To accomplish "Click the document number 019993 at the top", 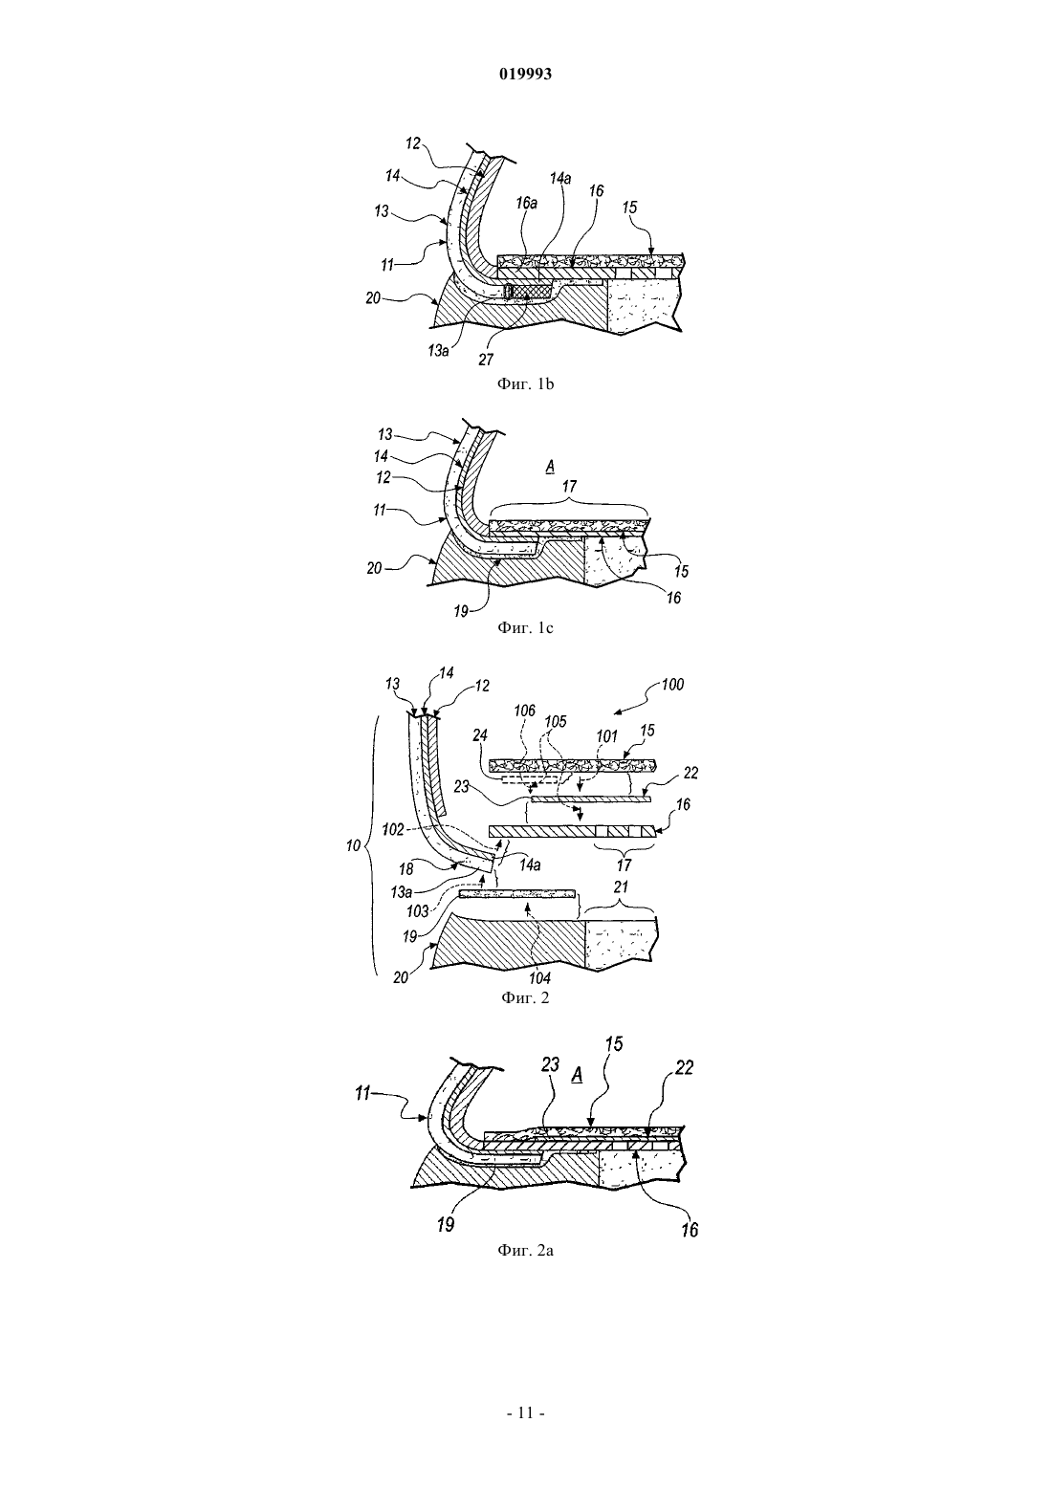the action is click(525, 75).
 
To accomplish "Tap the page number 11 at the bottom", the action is click(525, 1412).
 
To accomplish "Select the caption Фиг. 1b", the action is click(525, 384).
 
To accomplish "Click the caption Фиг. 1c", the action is click(525, 627).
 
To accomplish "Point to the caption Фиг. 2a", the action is click(525, 1250).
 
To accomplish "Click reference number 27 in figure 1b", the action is click(486, 360).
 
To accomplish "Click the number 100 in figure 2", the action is click(672, 684).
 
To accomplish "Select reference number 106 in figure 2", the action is click(525, 711).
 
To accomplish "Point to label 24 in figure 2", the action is click(480, 736).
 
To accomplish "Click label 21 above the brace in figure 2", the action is click(622, 886).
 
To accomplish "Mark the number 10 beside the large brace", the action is click(354, 845).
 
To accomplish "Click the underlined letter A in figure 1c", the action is click(550, 468).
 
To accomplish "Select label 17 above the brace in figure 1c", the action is click(569, 487).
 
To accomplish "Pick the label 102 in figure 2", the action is click(393, 830).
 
